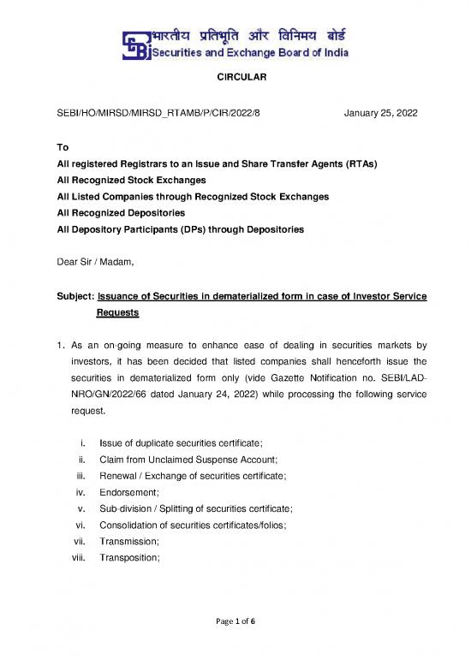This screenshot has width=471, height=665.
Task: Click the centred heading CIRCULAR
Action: point(235,79)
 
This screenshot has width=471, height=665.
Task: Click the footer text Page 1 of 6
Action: point(235,644)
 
